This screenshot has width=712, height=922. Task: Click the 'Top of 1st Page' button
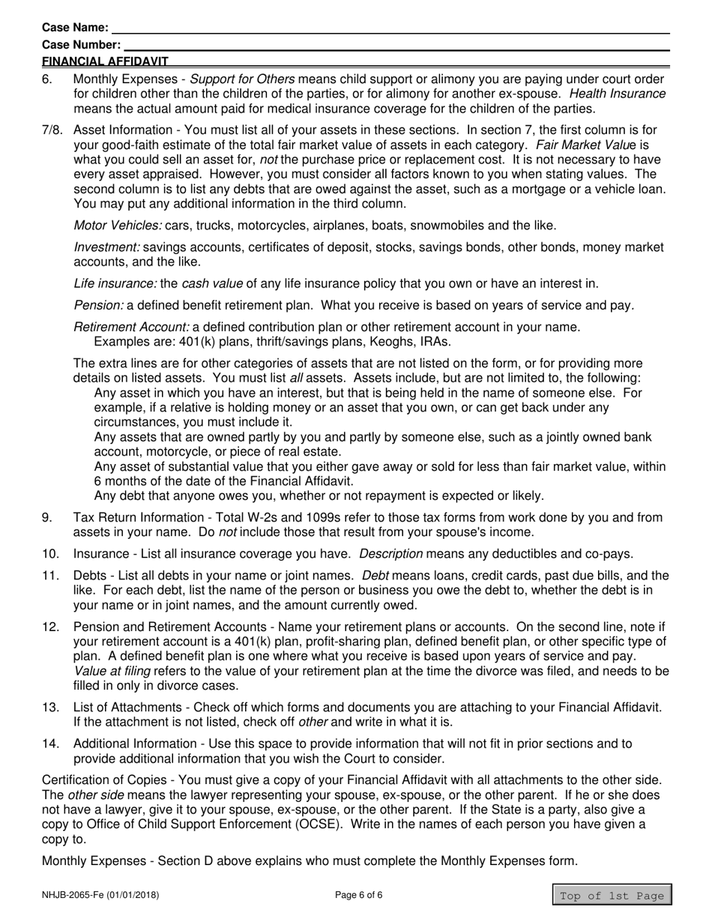tap(612, 896)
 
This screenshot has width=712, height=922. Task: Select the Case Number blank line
tap(396, 44)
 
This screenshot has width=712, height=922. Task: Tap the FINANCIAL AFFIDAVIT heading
tap(105, 61)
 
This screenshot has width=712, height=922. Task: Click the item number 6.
tap(47, 79)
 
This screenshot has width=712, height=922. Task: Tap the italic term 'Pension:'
tap(98, 305)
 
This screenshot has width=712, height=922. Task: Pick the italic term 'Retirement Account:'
tap(132, 327)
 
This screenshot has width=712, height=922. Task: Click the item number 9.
tap(47, 518)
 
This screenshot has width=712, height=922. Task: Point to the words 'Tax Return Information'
tap(135, 518)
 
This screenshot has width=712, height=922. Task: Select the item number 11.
tap(50, 576)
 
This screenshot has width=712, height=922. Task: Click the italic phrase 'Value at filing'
tap(112, 672)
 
